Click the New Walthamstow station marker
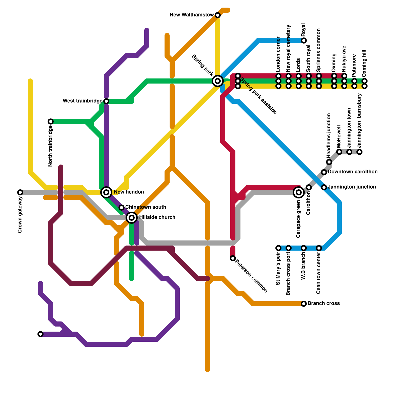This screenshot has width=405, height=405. pyautogui.click(x=218, y=15)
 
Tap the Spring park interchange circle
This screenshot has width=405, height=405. pyautogui.click(x=218, y=81)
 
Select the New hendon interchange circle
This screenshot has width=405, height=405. pyautogui.click(x=107, y=192)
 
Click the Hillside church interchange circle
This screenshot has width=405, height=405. pyautogui.click(x=132, y=218)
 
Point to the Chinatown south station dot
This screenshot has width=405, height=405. pyautogui.click(x=121, y=208)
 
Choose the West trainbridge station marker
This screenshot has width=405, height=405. pyautogui.click(x=106, y=101)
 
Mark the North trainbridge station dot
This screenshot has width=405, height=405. pyautogui.click(x=51, y=121)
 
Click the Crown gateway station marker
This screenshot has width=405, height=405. pyautogui.click(x=20, y=192)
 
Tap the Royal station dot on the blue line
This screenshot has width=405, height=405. pyautogui.click(x=304, y=40)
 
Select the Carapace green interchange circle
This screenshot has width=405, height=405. pyautogui.click(x=299, y=192)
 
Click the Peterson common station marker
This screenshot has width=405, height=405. pyautogui.click(x=233, y=258)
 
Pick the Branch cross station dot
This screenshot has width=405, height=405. pyautogui.click(x=304, y=304)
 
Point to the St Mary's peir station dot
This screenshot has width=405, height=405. pyautogui.click(x=278, y=248)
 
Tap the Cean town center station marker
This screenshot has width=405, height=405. pyautogui.click(x=319, y=248)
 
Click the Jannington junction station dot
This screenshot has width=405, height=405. pyautogui.click(x=324, y=187)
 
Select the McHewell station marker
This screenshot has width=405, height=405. pyautogui.click(x=339, y=152)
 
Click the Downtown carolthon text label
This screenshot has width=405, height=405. pyautogui.click(x=353, y=172)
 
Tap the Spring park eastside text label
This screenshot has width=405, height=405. pyautogui.click(x=258, y=96)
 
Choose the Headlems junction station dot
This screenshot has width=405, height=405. pyautogui.click(x=329, y=162)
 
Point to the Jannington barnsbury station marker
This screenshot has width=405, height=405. pyautogui.click(x=359, y=152)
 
